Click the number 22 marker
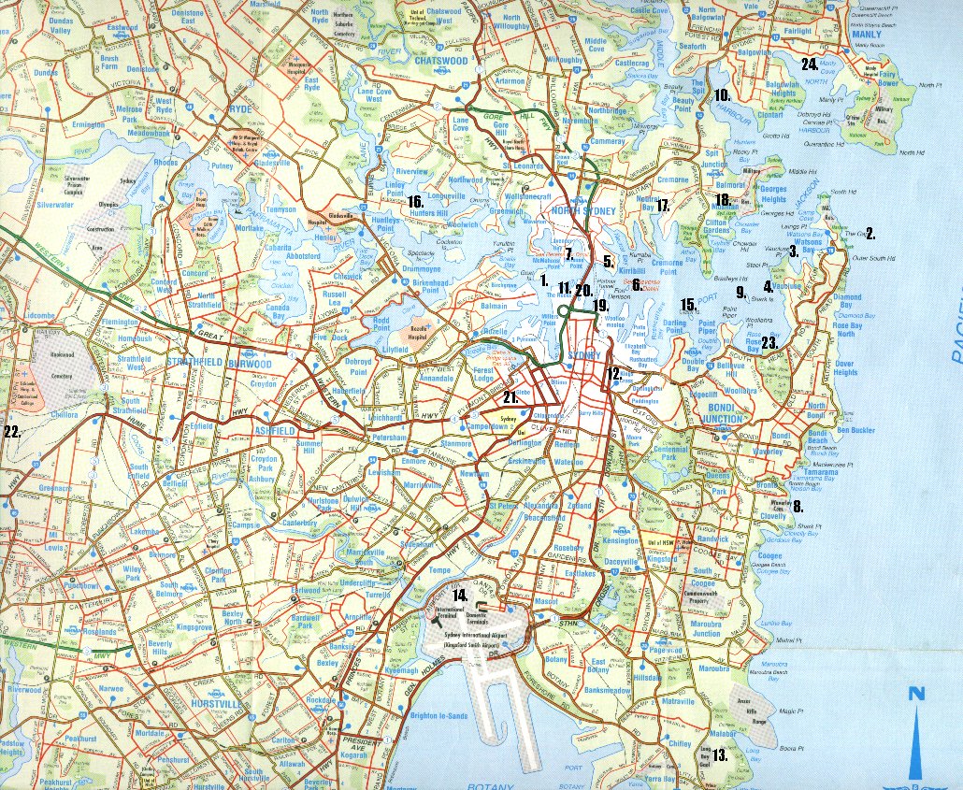point(12,431)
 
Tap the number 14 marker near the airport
point(459,595)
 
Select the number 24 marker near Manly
point(810,64)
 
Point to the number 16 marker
point(416,201)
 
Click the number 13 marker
point(720,755)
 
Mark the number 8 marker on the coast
point(798,507)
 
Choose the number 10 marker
point(721,94)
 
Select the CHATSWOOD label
point(439,61)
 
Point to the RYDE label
point(240,108)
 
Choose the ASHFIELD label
point(275,430)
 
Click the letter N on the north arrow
point(916,694)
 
